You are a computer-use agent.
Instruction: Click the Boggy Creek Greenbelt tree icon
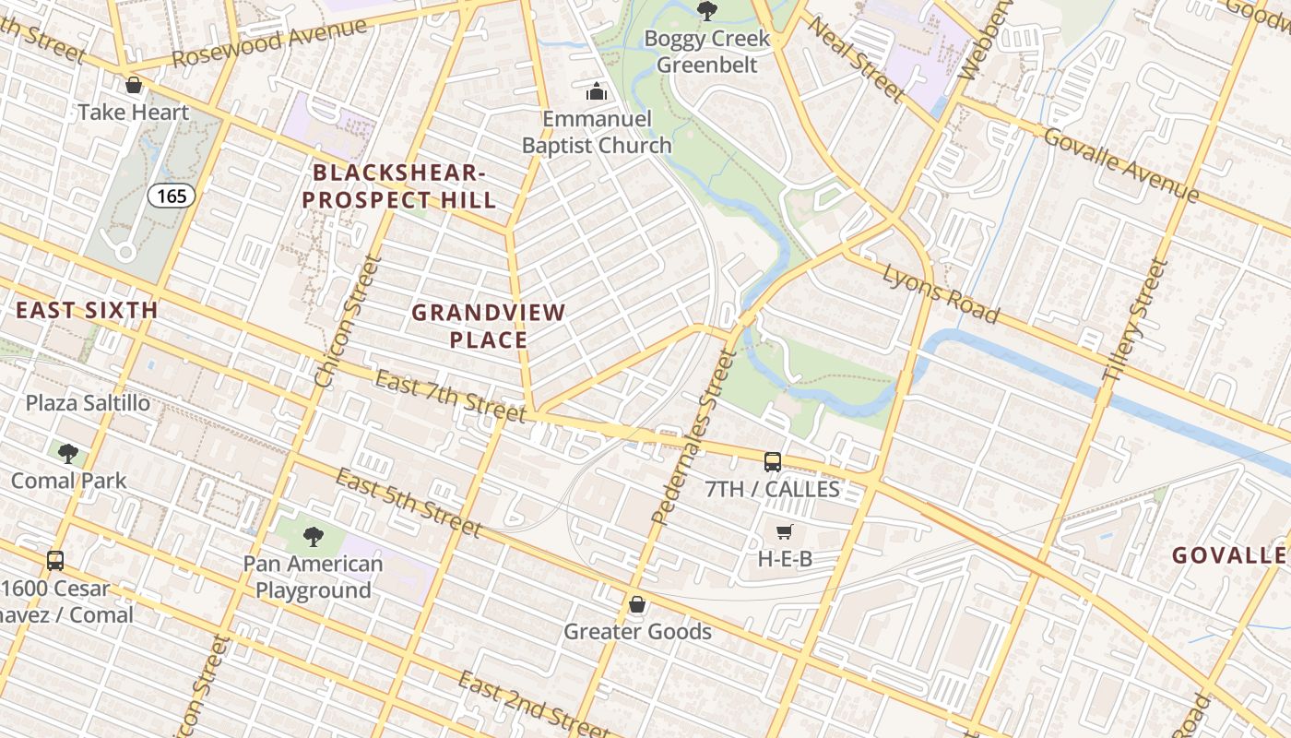(707, 11)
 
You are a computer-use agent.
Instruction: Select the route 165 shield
(172, 196)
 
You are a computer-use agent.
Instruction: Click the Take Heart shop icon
(134, 86)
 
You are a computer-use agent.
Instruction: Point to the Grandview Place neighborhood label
(488, 326)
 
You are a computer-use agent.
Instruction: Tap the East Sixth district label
(88, 310)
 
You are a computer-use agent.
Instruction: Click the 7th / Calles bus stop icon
(773, 462)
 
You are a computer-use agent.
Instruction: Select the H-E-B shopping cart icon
(784, 531)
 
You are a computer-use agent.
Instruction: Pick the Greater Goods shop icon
(636, 604)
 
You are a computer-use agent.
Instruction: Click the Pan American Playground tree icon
(314, 536)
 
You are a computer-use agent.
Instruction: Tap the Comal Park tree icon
(67, 453)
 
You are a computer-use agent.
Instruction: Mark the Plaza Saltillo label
(88, 403)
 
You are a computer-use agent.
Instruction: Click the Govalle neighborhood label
(1228, 555)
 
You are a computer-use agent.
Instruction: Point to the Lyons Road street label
(940, 293)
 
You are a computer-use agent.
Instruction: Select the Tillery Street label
(1135, 320)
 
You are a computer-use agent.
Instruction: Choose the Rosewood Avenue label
(269, 42)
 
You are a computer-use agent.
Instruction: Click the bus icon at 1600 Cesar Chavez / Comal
(55, 561)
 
